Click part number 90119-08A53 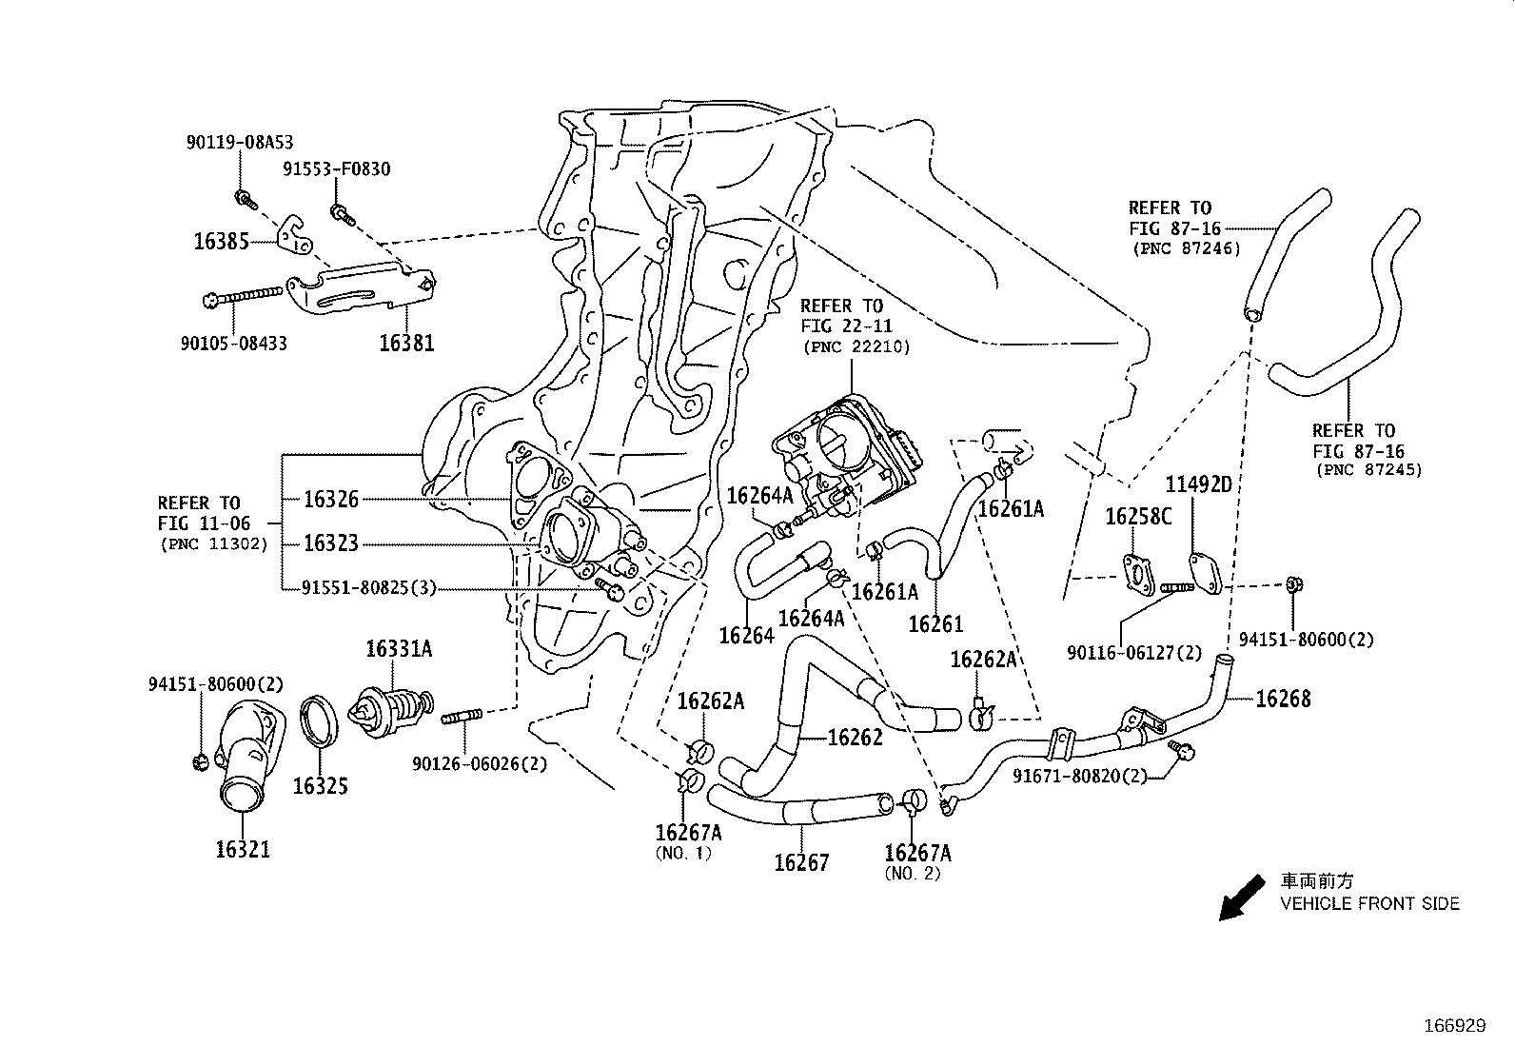[x=240, y=142]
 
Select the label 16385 [x=221, y=241]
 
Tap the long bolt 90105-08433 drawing [x=245, y=295]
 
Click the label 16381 [x=406, y=343]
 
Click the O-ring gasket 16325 [x=320, y=722]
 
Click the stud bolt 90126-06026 [x=465, y=715]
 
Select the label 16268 [x=1283, y=699]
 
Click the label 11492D [x=1199, y=484]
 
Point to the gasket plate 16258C [x=1136, y=573]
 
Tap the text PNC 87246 [x=1187, y=248]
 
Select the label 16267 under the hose [x=801, y=862]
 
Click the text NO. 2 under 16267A [x=912, y=873]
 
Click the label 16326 [x=331, y=499]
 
